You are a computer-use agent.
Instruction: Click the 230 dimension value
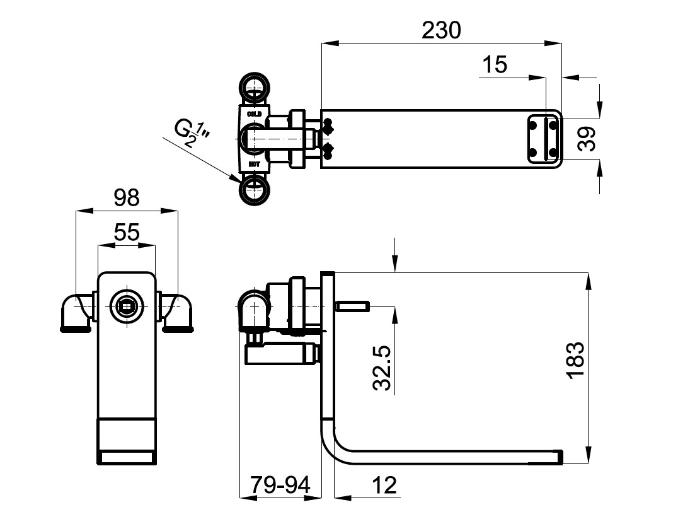[x=442, y=29]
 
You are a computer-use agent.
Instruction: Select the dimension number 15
[x=495, y=64]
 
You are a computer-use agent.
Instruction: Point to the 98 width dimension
[x=126, y=198]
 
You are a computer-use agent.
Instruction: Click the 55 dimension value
[x=126, y=233]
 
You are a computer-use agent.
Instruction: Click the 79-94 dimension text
[x=280, y=485]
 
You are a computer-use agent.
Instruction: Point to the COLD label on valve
[x=254, y=114]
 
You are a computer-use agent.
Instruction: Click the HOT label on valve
[x=254, y=164]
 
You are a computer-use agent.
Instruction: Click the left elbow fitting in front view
[x=76, y=311]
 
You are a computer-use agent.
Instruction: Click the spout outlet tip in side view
[x=558, y=456]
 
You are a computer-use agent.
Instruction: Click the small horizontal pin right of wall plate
[x=353, y=307]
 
